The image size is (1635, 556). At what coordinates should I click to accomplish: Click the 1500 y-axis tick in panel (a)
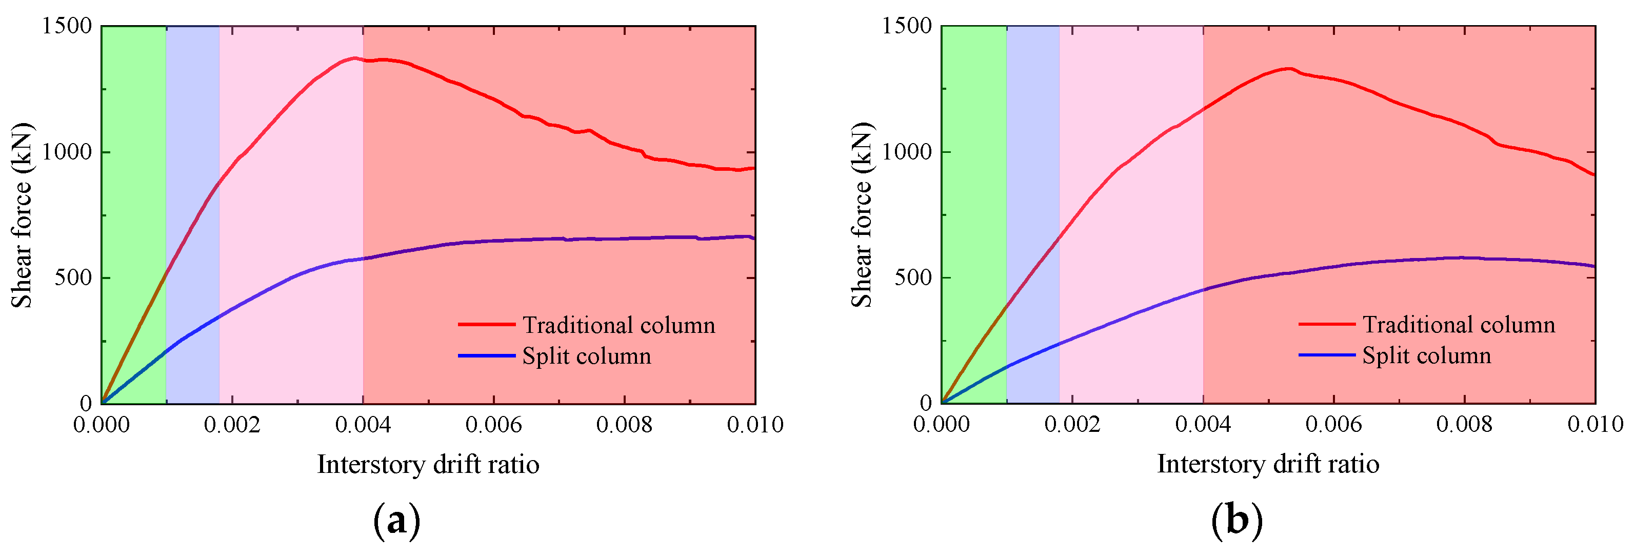pos(67,26)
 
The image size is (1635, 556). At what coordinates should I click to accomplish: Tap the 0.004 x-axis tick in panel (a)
pos(363,424)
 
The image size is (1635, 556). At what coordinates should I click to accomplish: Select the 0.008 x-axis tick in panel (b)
pos(1464,424)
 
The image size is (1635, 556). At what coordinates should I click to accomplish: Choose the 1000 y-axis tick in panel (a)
pos(67,152)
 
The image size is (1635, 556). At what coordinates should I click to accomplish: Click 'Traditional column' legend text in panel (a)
pos(619,325)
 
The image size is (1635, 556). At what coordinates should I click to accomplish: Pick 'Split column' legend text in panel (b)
pos(1427,355)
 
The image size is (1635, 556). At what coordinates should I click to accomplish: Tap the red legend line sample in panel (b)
pos(1327,324)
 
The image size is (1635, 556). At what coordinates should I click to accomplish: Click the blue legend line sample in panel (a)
pos(487,355)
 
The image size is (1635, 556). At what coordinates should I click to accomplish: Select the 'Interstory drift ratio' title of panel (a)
pos(428,464)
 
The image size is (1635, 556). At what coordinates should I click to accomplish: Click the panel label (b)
pos(1237,521)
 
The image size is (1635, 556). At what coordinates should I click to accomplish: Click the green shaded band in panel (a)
pos(134,190)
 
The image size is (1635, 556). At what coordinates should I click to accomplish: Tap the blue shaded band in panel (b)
pos(1033,190)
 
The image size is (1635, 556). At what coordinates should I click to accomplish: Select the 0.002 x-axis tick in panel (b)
pos(1072,424)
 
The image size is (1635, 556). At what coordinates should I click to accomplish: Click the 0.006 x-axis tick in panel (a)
pos(494,424)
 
